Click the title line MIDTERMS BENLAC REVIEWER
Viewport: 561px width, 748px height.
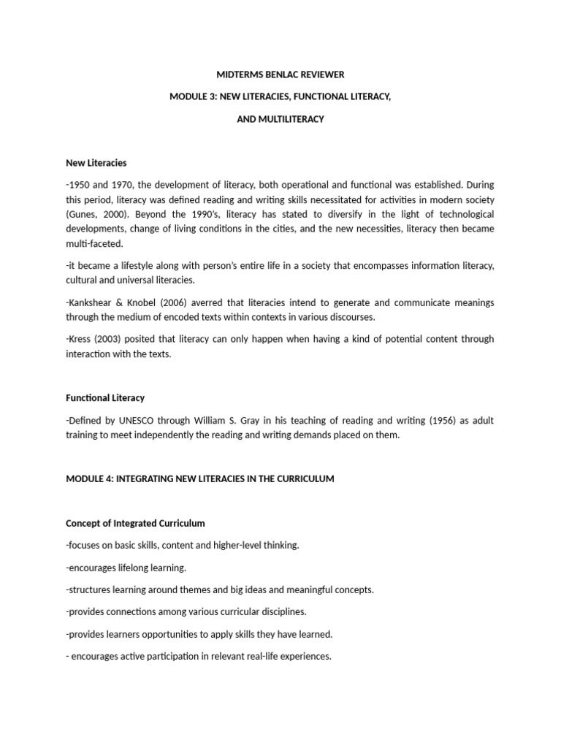click(x=280, y=75)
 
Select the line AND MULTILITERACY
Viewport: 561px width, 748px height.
click(x=280, y=119)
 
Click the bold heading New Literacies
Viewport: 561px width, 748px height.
click(x=96, y=163)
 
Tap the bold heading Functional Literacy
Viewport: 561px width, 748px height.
click(x=105, y=398)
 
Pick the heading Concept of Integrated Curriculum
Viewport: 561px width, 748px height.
click(x=135, y=523)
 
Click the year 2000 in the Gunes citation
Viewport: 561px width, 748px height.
click(x=112, y=213)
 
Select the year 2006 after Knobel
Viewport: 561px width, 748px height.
click(x=173, y=303)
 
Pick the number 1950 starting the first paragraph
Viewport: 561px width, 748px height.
click(x=80, y=184)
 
